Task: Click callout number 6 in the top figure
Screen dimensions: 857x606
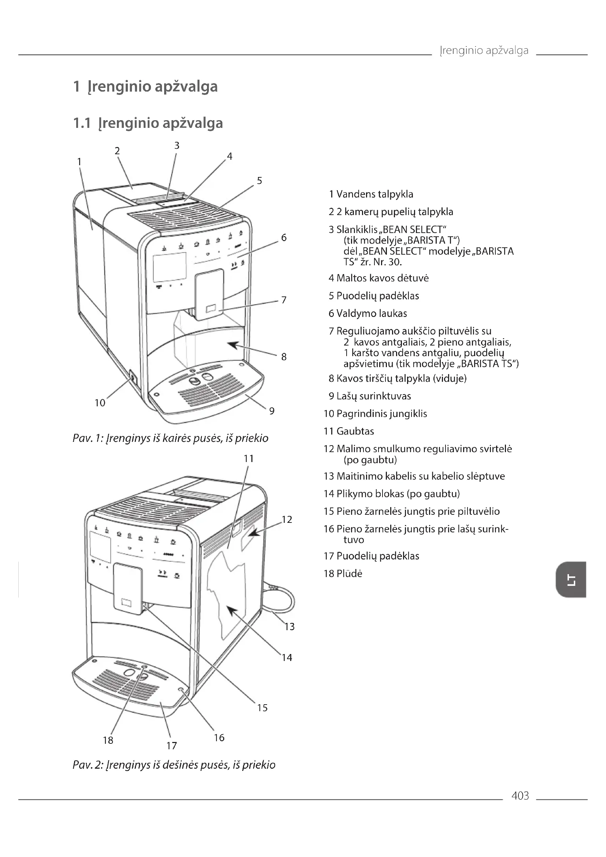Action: click(284, 238)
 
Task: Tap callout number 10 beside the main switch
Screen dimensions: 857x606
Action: click(100, 403)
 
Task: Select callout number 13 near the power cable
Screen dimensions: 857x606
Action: click(289, 627)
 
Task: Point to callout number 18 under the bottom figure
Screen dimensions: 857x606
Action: click(108, 740)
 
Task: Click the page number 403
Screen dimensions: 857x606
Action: click(520, 796)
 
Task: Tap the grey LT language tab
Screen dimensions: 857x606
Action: click(570, 580)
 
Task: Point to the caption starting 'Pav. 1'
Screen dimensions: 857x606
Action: click(170, 438)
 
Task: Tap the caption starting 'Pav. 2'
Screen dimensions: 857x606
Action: click(174, 765)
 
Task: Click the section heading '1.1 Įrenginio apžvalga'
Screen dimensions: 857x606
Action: click(148, 123)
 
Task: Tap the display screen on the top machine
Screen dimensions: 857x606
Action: click(170, 267)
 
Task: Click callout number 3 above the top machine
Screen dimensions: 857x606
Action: click(177, 145)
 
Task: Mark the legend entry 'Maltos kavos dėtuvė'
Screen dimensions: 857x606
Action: click(383, 278)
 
